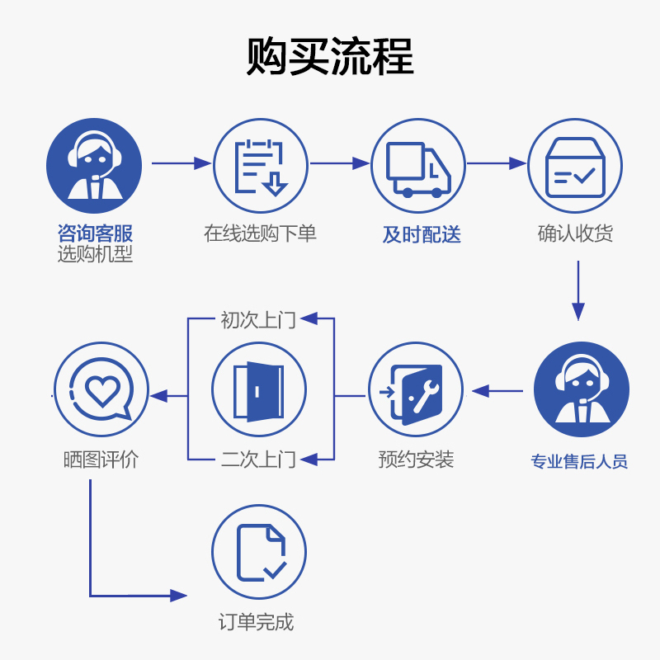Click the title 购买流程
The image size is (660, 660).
point(330,57)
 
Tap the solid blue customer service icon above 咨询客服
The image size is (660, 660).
point(93,166)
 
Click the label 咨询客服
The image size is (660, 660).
point(95,233)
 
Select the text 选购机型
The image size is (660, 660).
point(95,254)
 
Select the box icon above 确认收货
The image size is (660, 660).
point(575,166)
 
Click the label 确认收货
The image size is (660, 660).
point(575,233)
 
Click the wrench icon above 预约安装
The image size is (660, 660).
point(416,389)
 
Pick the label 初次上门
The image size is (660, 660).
point(258,319)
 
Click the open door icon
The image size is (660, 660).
point(259,389)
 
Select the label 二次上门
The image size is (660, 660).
point(258,459)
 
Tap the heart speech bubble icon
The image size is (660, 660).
point(101,389)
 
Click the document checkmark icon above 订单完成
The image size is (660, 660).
point(259,552)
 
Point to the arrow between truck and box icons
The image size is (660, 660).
point(496,164)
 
